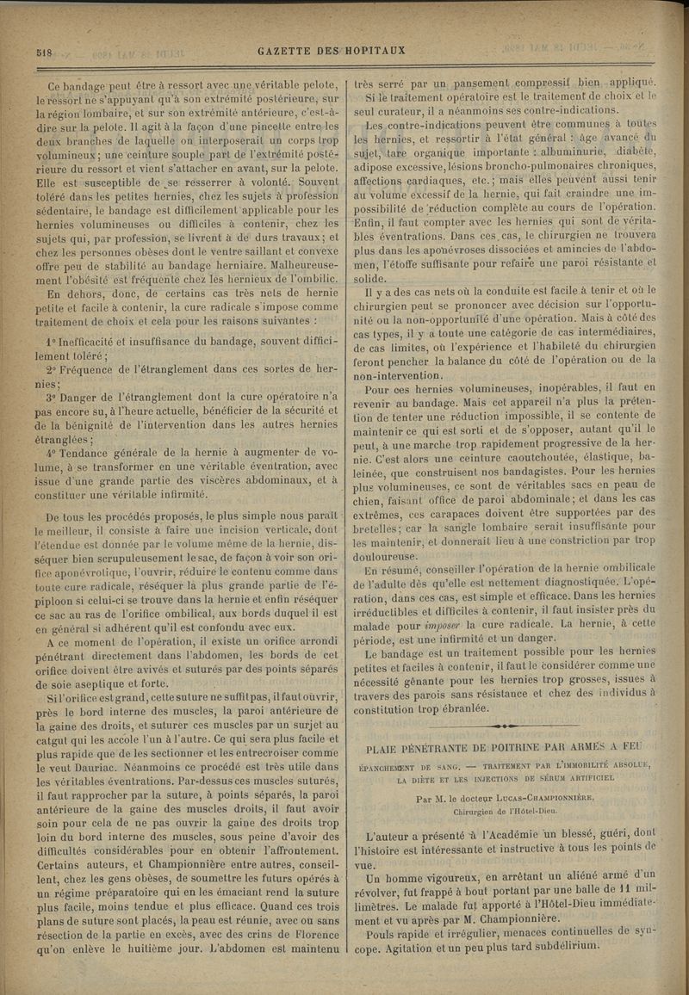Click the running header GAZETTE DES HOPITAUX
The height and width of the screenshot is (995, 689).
point(332,51)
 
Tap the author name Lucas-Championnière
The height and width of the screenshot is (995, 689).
point(564,797)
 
